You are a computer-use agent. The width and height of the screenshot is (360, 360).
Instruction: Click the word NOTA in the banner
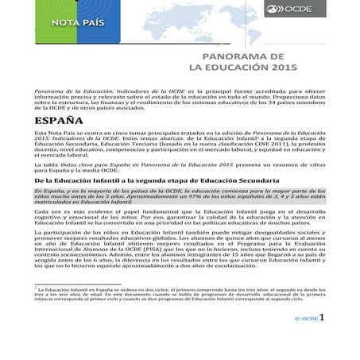66,21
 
